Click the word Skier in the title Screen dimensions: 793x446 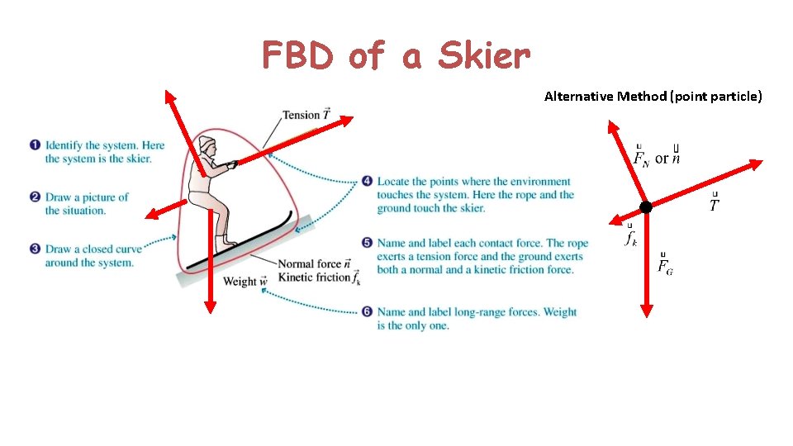click(484, 56)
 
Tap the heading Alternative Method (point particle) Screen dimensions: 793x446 click(653, 97)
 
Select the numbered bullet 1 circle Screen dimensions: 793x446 click(35, 145)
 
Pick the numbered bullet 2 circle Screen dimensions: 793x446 click(35, 197)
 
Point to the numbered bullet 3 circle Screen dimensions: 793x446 click(35, 249)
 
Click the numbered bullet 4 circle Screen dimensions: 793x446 click(367, 182)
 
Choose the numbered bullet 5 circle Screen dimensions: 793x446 click(367, 243)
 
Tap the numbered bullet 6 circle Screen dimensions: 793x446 click(367, 311)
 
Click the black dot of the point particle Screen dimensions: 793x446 click(645, 207)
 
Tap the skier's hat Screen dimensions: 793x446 click(207, 144)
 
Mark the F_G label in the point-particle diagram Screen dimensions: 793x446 click(664, 265)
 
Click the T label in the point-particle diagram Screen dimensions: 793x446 click(714, 204)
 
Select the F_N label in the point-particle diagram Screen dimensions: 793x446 click(641, 156)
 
